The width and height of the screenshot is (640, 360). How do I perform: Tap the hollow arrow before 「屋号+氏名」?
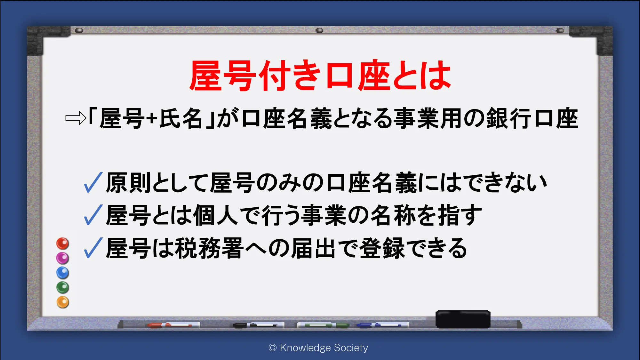click(76, 118)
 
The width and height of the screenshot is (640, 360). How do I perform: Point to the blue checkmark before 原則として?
click(93, 182)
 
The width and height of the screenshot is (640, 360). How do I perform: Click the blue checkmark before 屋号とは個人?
click(93, 215)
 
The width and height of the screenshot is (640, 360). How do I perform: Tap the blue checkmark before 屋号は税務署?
click(93, 248)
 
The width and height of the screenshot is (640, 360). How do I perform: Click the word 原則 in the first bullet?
click(128, 182)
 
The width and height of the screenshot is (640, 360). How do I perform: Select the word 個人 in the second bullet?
click(216, 215)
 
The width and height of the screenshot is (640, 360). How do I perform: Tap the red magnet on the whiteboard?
click(63, 244)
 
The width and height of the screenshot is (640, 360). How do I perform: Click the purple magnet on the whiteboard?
click(63, 258)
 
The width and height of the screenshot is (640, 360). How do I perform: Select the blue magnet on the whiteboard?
click(63, 273)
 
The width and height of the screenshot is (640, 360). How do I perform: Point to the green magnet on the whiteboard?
click(63, 287)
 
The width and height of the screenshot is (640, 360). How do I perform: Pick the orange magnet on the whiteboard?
click(63, 302)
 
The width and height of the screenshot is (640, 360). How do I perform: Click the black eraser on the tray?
click(463, 319)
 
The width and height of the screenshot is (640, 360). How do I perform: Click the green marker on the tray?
click(323, 325)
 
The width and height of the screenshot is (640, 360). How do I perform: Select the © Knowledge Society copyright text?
click(318, 348)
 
